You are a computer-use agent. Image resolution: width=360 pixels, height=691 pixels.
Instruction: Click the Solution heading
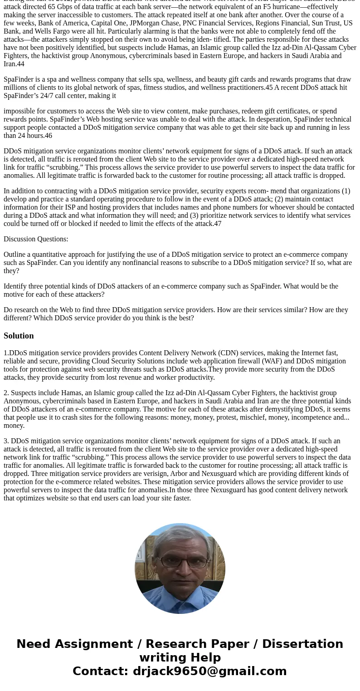[19, 336]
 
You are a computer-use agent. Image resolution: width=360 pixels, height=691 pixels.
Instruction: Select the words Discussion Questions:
[36, 239]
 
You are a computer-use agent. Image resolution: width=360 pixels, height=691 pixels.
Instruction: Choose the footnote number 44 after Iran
[20, 64]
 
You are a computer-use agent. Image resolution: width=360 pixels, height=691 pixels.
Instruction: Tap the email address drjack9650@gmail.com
[209, 671]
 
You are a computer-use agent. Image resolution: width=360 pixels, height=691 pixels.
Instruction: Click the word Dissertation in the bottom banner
[302, 644]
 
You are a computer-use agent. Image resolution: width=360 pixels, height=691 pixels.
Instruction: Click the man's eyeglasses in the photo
[180, 563]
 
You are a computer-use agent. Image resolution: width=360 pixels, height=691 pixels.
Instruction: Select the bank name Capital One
[109, 23]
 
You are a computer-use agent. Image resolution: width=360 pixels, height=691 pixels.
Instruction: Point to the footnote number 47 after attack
[218, 224]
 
